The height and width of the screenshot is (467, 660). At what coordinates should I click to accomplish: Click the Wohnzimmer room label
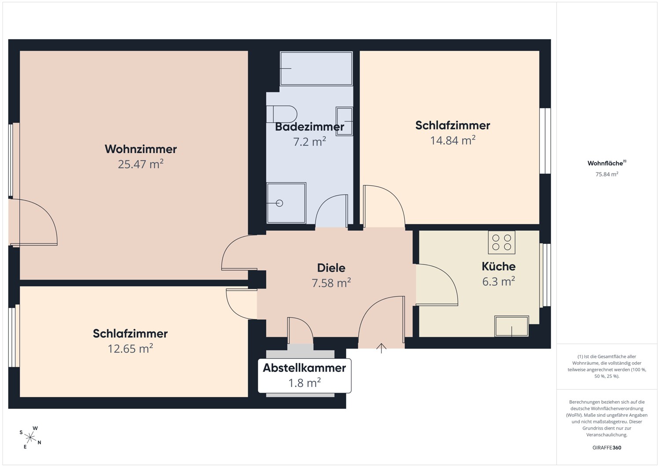pos(140,149)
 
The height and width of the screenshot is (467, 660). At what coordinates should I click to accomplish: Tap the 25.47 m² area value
pos(140,164)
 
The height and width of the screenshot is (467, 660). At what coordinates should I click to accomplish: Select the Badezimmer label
pos(309,127)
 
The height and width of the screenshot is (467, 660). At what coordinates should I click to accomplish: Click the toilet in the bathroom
pos(282,114)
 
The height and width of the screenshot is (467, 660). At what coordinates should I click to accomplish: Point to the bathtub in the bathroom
pos(316,68)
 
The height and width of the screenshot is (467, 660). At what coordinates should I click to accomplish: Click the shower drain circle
pos(279,203)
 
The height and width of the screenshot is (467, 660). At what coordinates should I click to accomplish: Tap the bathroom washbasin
pos(345,121)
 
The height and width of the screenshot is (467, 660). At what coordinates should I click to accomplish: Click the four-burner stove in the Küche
pos(502,243)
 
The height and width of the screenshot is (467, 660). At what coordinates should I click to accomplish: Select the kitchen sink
pos(512,326)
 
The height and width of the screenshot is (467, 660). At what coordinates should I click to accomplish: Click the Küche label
pos(499,267)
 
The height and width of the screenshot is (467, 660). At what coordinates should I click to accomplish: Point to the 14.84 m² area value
pos(453,140)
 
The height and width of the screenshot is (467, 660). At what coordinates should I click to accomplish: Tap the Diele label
pos(331,268)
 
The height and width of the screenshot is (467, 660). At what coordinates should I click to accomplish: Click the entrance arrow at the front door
pos(381,348)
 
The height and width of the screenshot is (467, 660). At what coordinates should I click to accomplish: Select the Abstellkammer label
pos(304,368)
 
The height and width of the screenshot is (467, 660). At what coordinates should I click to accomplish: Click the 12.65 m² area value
pos(130,349)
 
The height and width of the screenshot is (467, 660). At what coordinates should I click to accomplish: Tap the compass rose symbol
pos(30,438)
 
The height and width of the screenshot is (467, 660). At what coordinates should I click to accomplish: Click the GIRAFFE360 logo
pos(607,448)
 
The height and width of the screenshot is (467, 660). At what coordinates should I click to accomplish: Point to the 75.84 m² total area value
pos(607,174)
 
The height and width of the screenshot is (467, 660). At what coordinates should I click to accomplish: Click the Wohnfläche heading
pos(607,163)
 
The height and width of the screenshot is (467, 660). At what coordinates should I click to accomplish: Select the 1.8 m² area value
pos(304,383)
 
